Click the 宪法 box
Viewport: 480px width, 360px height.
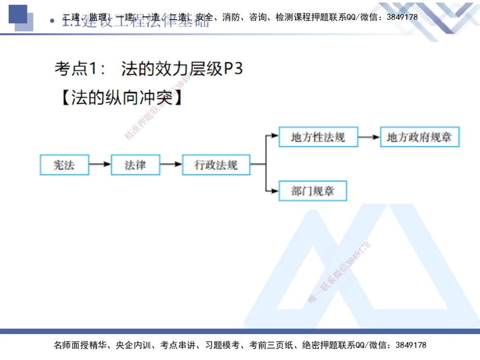pyautogui.click(x=64, y=165)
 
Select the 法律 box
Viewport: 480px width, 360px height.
pyautogui.click(x=135, y=165)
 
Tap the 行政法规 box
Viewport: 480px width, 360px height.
pyautogui.click(x=216, y=165)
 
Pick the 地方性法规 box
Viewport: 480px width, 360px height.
pyautogui.click(x=318, y=137)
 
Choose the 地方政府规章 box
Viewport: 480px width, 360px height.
pyautogui.click(x=420, y=137)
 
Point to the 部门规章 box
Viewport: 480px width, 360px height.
pyautogui.click(x=312, y=191)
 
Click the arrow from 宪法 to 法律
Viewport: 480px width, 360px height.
pyautogui.click(x=100, y=165)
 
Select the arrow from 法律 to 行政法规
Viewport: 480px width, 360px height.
pyautogui.click(x=171, y=165)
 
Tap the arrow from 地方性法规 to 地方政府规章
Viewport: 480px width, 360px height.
pyautogui.click(x=369, y=137)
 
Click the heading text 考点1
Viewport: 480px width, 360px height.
pyautogui.click(x=80, y=69)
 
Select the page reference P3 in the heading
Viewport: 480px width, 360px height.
pyautogui.click(x=234, y=69)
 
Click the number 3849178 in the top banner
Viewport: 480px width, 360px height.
pyautogui.click(x=401, y=17)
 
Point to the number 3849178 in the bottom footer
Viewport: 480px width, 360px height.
pyautogui.click(x=409, y=345)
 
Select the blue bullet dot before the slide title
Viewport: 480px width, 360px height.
pyautogui.click(x=52, y=22)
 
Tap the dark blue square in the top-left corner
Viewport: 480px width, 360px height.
pyautogui.click(x=18, y=14)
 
